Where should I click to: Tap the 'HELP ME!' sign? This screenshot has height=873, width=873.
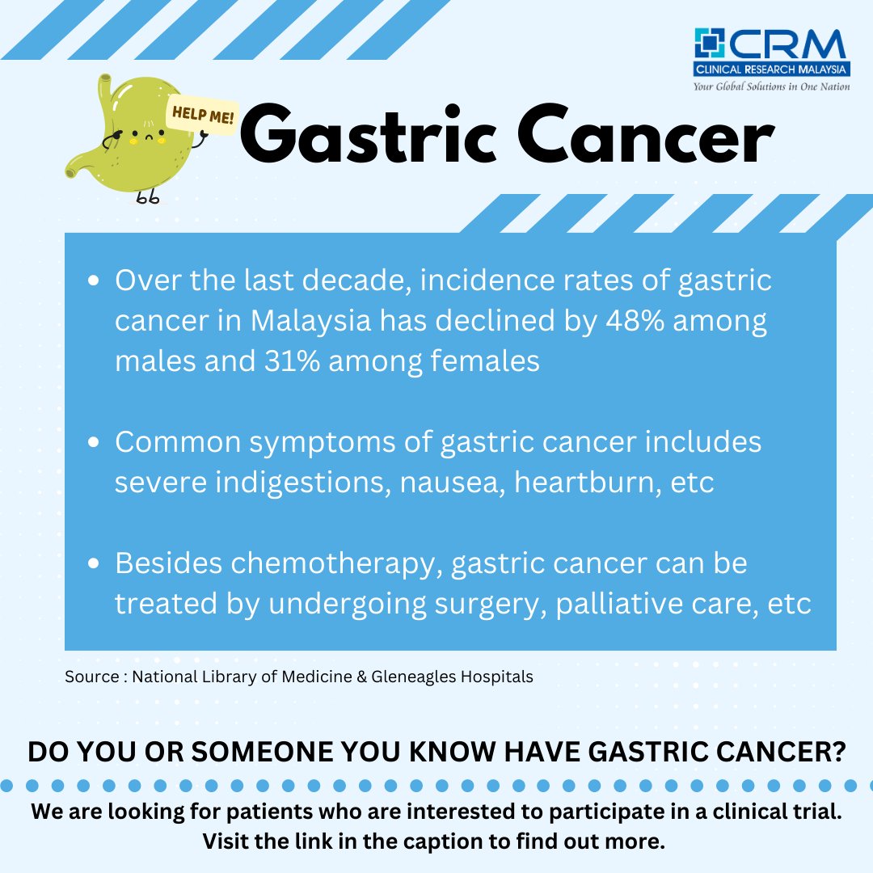(x=201, y=116)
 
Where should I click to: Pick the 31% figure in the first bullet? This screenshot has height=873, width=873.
(x=289, y=361)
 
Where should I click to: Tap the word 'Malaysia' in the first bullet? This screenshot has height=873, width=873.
(x=310, y=321)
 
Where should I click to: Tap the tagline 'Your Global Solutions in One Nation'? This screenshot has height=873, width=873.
(x=771, y=86)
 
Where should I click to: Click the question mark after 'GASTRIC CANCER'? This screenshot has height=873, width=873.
(x=837, y=751)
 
